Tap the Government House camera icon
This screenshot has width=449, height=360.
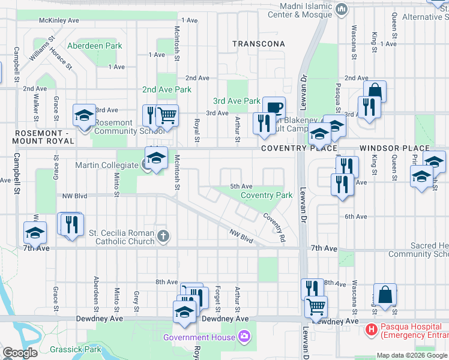pyautogui.click(x=244, y=335)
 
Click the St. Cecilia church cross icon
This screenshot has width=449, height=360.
pyautogui.click(x=162, y=236)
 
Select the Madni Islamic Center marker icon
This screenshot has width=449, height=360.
pyautogui.click(x=342, y=8)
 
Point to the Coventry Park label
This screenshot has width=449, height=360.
pyautogui.click(x=267, y=195)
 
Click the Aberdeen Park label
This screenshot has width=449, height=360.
pyautogui.click(x=94, y=46)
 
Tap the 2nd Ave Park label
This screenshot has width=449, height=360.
pyautogui.click(x=166, y=89)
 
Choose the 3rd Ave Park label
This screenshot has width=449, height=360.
pyautogui.click(x=237, y=101)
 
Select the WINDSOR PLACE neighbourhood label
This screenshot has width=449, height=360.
pyautogui.click(x=394, y=148)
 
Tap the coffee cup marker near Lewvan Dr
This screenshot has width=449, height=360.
pyautogui.click(x=274, y=107)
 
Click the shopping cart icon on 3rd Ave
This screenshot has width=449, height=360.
pyautogui.click(x=167, y=114)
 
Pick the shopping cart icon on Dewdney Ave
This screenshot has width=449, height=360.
pyautogui.click(x=315, y=306)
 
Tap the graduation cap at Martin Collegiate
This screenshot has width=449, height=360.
pyautogui.click(x=156, y=157)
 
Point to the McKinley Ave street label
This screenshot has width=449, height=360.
pyautogui.click(x=59, y=20)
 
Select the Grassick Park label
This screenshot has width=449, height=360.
pyautogui.click(x=76, y=349)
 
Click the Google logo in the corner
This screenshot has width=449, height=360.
pyautogui.click(x=20, y=353)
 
